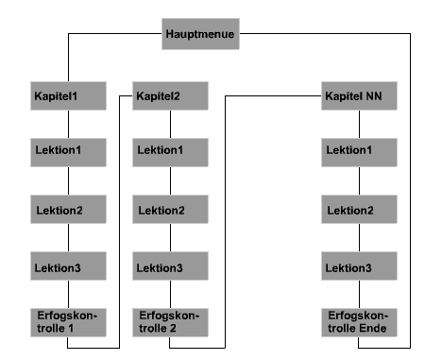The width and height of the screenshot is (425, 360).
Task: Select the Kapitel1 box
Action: click(69, 96)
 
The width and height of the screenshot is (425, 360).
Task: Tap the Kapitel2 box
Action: click(171, 96)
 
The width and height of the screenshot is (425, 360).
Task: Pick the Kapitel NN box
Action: click(358, 96)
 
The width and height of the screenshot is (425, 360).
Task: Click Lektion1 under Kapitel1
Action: click(69, 151)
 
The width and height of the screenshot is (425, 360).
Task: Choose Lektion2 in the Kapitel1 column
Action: click(69, 209)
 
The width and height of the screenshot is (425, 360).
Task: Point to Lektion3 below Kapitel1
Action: click(69, 268)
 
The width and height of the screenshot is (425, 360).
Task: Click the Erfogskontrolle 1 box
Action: click(69, 321)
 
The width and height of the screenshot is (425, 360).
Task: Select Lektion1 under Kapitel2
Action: click(171, 151)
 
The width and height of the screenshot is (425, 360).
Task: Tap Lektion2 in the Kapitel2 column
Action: click(171, 209)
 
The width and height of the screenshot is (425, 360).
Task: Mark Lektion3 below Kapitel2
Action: click(171, 268)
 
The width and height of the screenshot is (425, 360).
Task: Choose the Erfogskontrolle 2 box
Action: click(171, 321)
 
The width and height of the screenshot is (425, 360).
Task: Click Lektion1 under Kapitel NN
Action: click(358, 151)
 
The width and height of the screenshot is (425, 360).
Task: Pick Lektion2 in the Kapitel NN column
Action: click(358, 209)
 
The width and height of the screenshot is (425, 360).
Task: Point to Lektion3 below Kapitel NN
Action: click(358, 268)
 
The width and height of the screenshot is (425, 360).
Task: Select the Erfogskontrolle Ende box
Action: click(358, 321)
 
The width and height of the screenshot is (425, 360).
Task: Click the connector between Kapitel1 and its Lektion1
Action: click(69, 123)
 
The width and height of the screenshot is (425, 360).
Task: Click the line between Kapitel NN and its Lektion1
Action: click(358, 123)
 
